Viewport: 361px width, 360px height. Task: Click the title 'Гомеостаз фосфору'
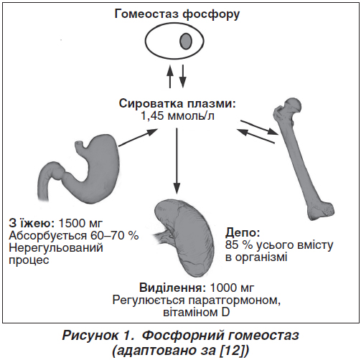pos(177,14)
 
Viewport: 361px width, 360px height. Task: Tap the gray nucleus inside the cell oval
pos(186,41)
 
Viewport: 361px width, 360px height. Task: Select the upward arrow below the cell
pos(170,76)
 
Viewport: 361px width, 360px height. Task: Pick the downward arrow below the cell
pos(182,76)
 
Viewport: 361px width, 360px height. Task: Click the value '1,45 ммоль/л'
pos(177,116)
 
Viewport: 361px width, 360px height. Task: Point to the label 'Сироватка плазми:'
pos(177,104)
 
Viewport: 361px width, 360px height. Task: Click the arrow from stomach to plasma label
pos(139,138)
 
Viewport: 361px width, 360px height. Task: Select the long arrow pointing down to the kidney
pos(177,161)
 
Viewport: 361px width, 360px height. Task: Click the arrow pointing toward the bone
pos(260,127)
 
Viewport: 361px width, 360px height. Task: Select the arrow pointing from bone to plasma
pos(255,136)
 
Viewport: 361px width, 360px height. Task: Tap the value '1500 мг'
pos(80,223)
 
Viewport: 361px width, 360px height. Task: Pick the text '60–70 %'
pos(115,236)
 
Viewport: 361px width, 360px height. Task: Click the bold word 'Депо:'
pos(243,232)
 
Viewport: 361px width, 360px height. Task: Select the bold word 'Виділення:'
pos(172,288)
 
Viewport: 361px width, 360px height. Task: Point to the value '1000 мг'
pos(232,288)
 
